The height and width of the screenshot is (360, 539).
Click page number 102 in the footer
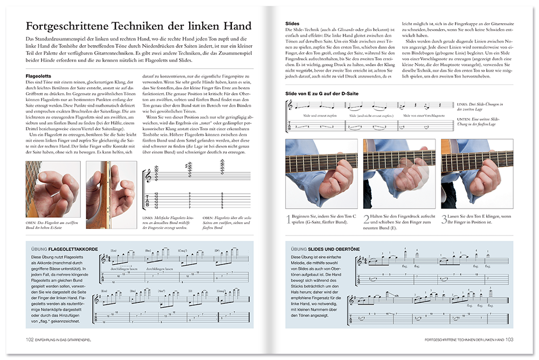point(30,340)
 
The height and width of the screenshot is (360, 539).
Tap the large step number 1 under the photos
point(288,219)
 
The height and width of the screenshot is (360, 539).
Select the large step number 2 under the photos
point(367,219)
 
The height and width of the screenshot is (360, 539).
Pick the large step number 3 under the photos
point(444,219)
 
